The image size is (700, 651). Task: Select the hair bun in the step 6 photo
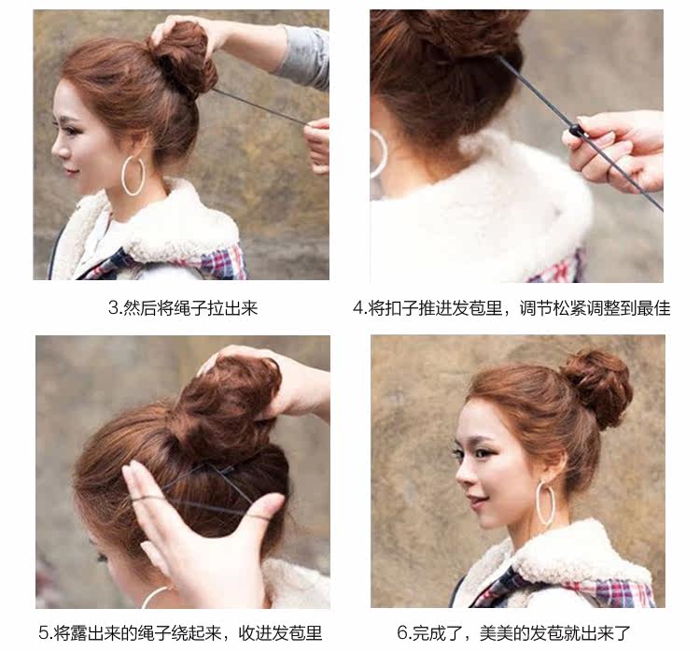pos(596,384)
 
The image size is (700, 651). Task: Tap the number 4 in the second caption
pos(357,308)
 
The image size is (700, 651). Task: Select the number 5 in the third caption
pos(44,632)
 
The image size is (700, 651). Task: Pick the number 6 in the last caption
pos(403,632)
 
